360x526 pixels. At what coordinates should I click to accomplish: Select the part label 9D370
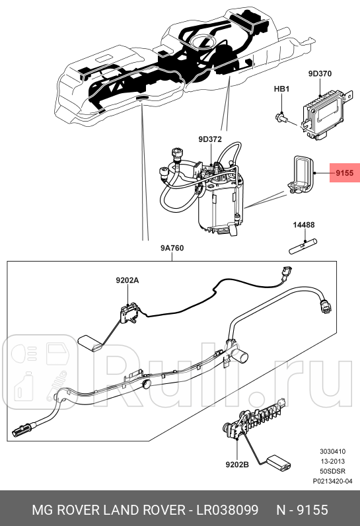click(319, 75)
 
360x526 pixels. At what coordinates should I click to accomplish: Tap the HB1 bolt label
click(282, 89)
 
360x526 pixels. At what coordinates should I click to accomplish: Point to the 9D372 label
click(209, 139)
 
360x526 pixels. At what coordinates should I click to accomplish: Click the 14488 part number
click(304, 225)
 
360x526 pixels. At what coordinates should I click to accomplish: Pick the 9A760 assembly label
click(172, 248)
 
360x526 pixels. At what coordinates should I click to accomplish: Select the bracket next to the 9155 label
click(301, 175)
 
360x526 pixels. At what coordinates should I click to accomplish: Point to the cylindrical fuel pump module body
click(221, 205)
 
